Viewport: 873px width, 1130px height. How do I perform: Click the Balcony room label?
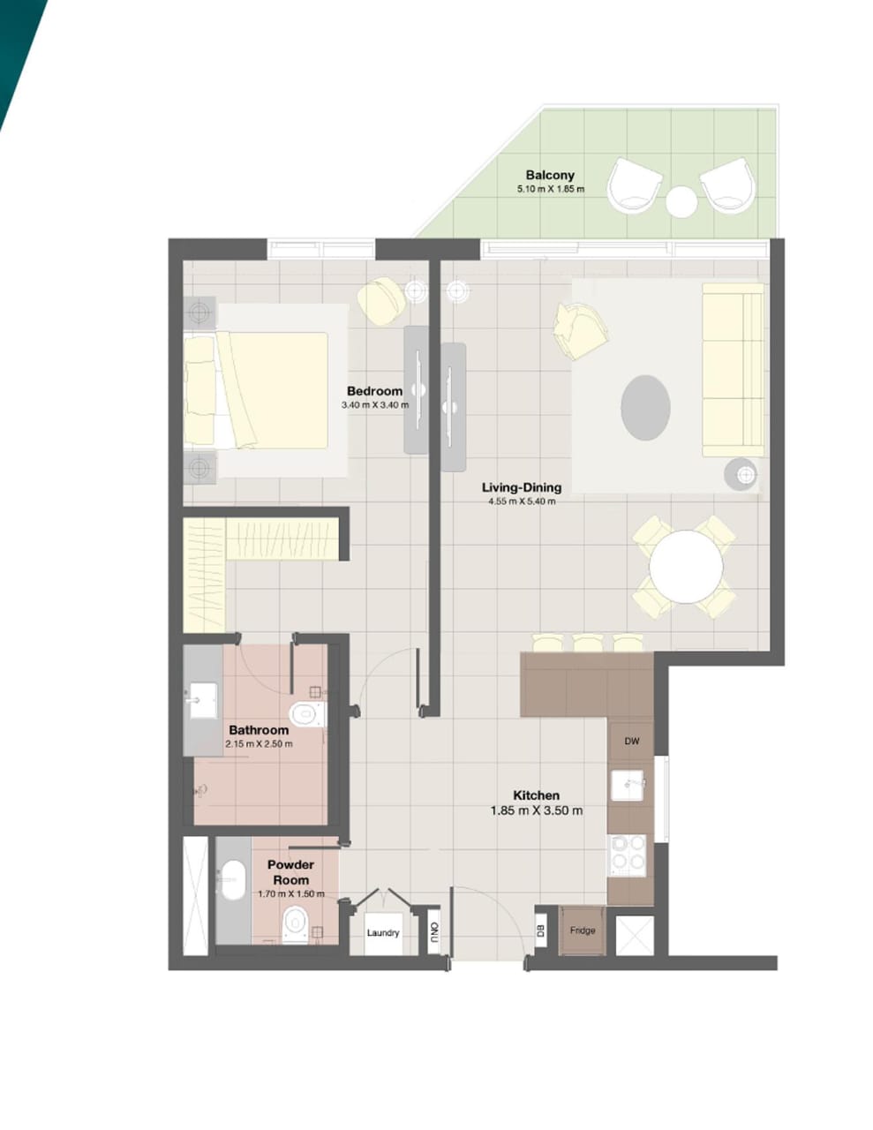click(x=550, y=175)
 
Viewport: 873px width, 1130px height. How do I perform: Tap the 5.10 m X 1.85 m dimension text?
click(x=551, y=189)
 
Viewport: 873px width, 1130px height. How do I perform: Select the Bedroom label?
click(x=374, y=391)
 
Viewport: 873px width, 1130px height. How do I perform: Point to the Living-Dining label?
click(x=521, y=487)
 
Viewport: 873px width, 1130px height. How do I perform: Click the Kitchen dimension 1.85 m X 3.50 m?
click(x=537, y=810)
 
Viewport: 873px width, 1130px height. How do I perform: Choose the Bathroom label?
click(x=259, y=730)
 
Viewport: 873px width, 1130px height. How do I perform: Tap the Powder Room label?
click(x=290, y=872)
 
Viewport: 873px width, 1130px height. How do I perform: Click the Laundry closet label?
click(x=383, y=932)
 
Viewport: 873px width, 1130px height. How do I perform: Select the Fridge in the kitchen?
click(x=583, y=930)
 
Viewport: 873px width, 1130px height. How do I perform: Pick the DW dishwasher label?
click(x=632, y=742)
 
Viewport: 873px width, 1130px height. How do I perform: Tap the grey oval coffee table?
click(x=645, y=407)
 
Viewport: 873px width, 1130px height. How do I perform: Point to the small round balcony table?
click(x=681, y=202)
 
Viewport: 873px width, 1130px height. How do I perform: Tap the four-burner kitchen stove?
click(x=628, y=854)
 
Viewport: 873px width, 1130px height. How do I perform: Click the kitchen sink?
click(x=629, y=783)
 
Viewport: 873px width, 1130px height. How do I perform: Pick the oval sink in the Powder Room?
click(x=232, y=880)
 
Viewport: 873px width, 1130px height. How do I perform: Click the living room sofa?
click(x=733, y=370)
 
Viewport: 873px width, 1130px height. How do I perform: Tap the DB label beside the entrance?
click(x=540, y=930)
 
